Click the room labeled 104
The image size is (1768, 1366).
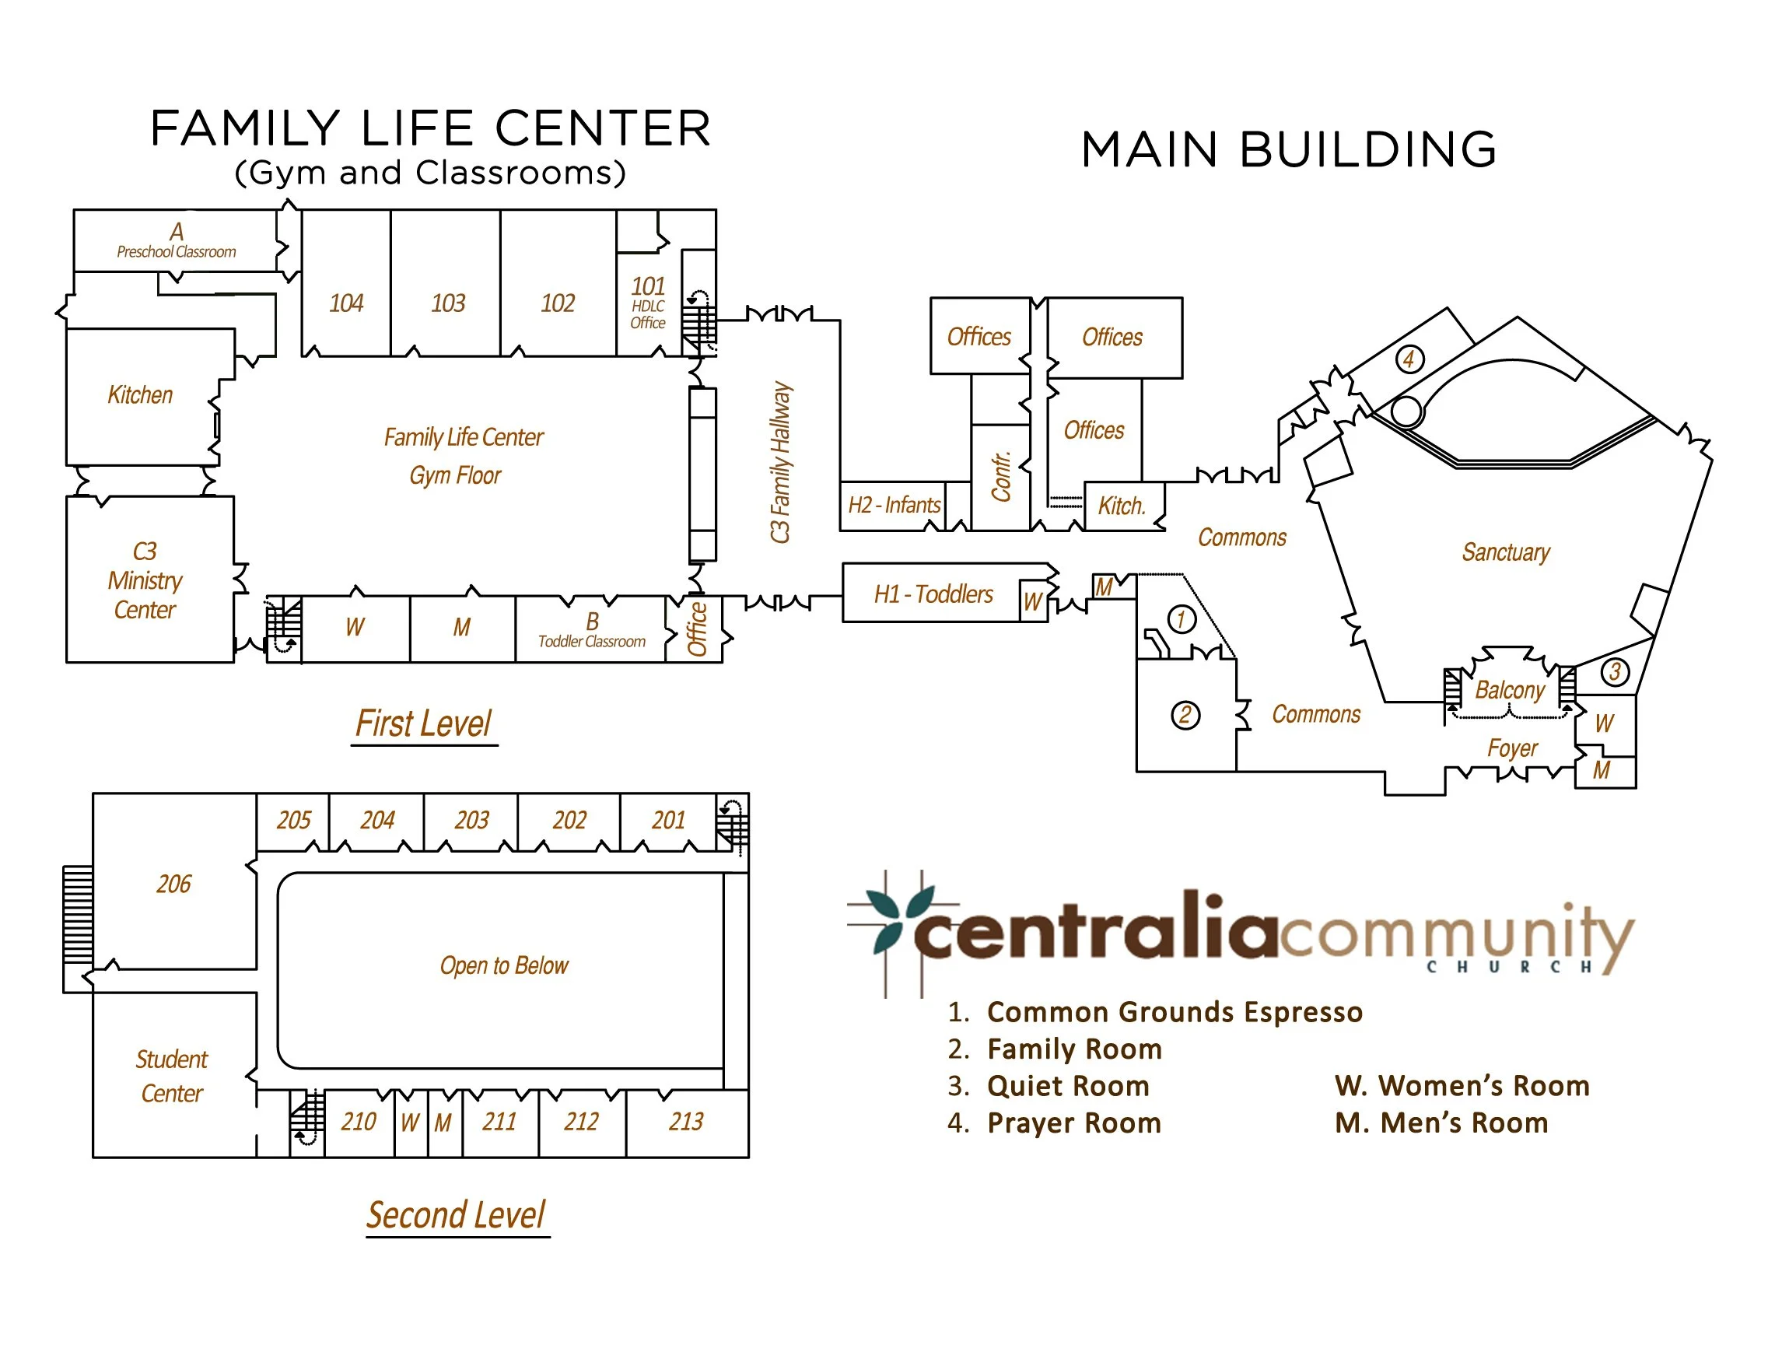(345, 303)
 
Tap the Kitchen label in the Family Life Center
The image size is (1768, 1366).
(140, 395)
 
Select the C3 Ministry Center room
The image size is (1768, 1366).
(145, 580)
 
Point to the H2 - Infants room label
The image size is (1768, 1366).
(894, 506)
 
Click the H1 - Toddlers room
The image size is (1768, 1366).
(933, 594)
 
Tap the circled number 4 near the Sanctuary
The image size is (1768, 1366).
(1409, 359)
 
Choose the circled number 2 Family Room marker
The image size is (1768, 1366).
(1185, 715)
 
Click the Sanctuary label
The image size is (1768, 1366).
(1505, 552)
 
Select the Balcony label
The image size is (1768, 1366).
(1509, 690)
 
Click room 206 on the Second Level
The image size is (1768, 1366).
(174, 884)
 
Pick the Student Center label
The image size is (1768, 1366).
(172, 1076)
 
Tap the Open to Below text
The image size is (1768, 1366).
(503, 965)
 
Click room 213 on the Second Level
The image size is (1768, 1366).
(686, 1122)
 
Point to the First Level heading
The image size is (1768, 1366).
(423, 724)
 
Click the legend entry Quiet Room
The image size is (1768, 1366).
(1068, 1086)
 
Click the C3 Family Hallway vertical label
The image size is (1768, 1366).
(779, 461)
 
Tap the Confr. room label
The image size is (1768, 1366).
(1000, 477)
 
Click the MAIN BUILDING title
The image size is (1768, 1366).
(1289, 150)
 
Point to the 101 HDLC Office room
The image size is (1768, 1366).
(648, 303)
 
